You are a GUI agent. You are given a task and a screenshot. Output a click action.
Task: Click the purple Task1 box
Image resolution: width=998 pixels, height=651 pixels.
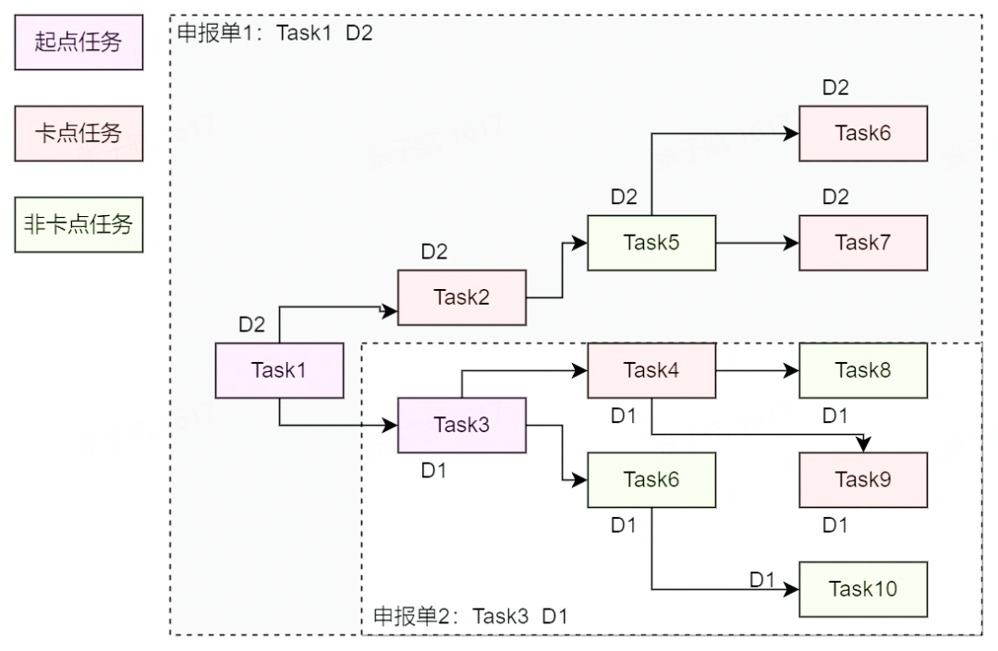point(280,370)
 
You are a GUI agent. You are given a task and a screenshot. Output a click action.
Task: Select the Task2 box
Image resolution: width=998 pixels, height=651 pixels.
point(462,297)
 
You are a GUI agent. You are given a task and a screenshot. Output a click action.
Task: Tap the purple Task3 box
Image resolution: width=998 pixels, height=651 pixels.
point(462,425)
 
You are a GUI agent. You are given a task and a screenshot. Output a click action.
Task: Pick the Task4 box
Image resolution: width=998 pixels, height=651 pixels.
point(652,370)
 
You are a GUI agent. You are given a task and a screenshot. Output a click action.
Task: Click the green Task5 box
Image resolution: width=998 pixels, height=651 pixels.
point(651,243)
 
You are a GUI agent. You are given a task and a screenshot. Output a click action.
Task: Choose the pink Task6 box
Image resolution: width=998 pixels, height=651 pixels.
point(863,133)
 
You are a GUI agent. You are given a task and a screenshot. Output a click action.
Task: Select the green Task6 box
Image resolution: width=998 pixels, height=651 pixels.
point(652,480)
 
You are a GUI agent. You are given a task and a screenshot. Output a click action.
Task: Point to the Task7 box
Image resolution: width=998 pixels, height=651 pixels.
point(863,243)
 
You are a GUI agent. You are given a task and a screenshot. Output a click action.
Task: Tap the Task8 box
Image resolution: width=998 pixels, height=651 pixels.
point(863,370)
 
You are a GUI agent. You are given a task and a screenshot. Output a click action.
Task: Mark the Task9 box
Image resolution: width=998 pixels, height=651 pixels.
point(863,480)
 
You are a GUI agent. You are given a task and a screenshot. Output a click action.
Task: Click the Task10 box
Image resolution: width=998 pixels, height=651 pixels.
point(863,589)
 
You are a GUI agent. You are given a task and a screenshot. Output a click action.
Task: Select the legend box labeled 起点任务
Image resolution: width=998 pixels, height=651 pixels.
point(79,42)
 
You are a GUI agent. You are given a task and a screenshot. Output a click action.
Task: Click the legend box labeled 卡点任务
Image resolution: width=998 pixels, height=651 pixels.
point(79,133)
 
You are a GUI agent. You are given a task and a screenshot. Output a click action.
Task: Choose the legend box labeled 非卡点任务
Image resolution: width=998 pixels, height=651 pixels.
point(79,224)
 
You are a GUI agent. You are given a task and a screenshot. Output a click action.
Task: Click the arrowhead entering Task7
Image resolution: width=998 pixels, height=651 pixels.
point(793,243)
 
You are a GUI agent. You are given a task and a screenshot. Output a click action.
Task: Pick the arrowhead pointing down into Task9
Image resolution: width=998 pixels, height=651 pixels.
point(863,445)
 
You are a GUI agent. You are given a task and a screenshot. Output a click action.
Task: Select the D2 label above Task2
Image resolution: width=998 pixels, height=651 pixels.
point(434,252)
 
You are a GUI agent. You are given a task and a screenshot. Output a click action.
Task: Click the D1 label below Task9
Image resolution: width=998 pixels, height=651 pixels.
point(835,525)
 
